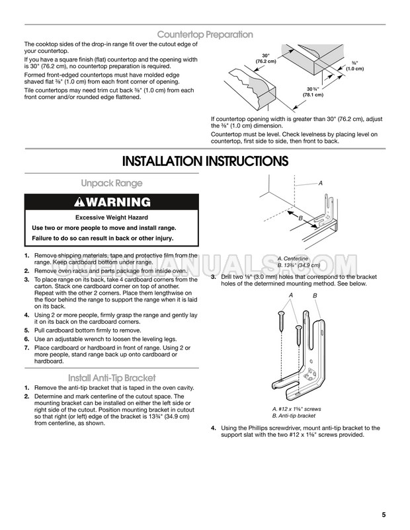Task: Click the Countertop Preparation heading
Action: [205, 34]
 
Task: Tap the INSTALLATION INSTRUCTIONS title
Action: [205, 161]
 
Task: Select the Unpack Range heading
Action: [112, 183]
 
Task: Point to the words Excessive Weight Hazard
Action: [112, 217]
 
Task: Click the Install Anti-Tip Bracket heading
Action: [112, 377]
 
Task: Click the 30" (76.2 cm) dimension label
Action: [266, 58]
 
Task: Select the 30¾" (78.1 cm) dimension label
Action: [313, 92]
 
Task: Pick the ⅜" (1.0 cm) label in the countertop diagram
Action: [354, 66]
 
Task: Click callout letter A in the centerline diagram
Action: [320, 183]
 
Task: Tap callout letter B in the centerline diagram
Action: [300, 218]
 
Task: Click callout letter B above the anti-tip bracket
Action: [315, 296]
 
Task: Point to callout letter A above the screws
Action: [290, 295]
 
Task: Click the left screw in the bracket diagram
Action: [282, 321]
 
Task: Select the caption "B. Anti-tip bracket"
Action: [294, 416]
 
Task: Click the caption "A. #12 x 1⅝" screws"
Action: [297, 409]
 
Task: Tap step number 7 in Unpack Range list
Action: [26, 348]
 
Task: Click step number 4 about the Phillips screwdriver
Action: [214, 428]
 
